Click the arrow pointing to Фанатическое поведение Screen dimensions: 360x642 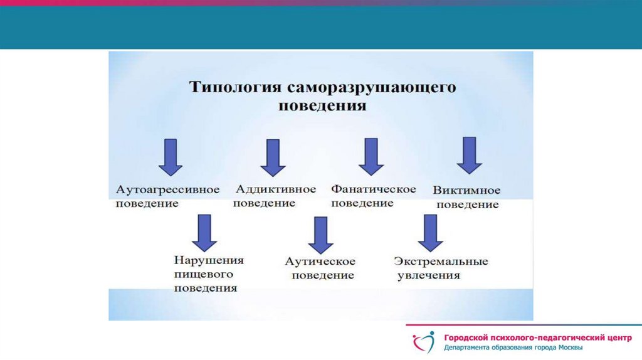pos(371,157)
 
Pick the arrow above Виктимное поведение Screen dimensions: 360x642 pos(469,156)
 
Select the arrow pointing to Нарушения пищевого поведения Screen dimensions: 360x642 pos(204,232)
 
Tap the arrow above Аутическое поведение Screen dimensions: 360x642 pos(320,235)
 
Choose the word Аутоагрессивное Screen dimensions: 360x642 pos(167,189)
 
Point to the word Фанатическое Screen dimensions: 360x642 pos(374,189)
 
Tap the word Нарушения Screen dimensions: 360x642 pos(209,260)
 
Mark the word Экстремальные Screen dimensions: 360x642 pos(441,261)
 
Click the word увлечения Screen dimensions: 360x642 pos(429,275)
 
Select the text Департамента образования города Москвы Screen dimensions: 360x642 pos(514,348)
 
